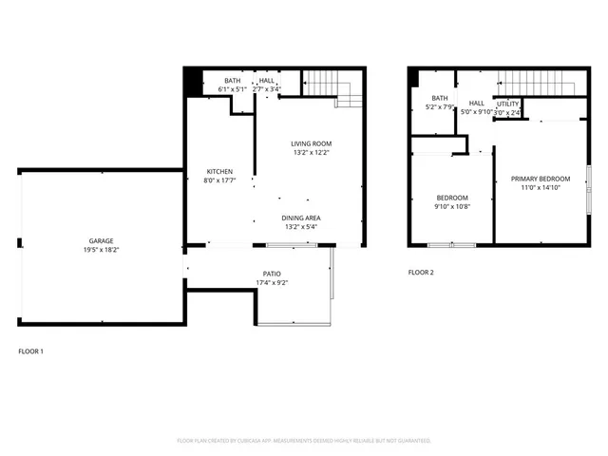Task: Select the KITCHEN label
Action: pos(219,172)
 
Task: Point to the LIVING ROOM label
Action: pos(311,143)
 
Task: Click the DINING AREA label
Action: pos(300,218)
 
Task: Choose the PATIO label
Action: pos(272,274)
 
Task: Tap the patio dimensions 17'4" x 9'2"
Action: pos(272,282)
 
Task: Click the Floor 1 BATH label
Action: pos(233,81)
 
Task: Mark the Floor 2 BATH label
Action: pos(439,98)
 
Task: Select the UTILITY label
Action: pos(508,104)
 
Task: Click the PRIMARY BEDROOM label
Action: pos(541,179)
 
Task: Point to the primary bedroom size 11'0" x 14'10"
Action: pos(541,188)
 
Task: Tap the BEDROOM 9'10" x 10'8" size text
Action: pos(452,206)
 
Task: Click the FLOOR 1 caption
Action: pos(31,351)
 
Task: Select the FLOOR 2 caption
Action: pos(421,273)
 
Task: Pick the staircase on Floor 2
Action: pos(538,84)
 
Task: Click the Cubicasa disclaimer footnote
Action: pos(304,441)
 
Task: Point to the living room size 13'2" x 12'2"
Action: pos(311,152)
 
